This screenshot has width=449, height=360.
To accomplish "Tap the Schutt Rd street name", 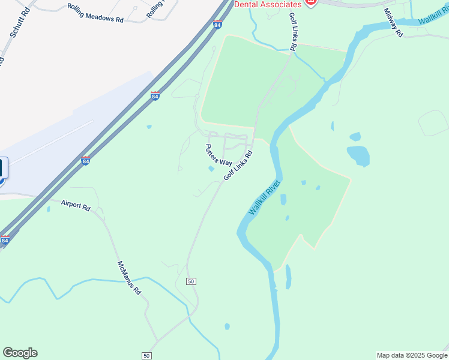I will pos(16,25).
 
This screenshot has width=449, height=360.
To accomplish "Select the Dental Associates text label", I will pos(268,4).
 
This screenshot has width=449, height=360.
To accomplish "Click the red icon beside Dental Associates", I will pos(310,2).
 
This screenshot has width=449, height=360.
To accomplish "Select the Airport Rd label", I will pos(76,205).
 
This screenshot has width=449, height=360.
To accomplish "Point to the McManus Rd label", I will pos(129,277).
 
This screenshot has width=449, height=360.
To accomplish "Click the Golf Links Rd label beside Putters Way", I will pos(238,166).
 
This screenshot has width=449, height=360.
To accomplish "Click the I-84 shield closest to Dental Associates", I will pos(217,25).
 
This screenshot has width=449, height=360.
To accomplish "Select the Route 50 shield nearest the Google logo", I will pos(146,356).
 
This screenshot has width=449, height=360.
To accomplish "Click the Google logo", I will pos(20,353).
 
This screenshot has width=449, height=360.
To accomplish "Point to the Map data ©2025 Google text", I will pos(412,355).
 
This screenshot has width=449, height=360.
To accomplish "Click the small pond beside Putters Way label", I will pos(211,169).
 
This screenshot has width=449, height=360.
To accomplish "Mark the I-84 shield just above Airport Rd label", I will pos(85,161).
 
